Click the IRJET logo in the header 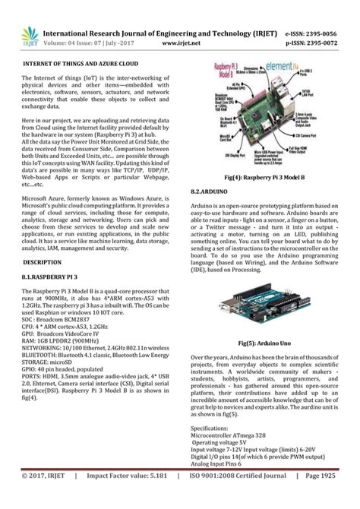pos(30,36)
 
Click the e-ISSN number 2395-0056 pos(322,35)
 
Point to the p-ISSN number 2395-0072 pos(322,44)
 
